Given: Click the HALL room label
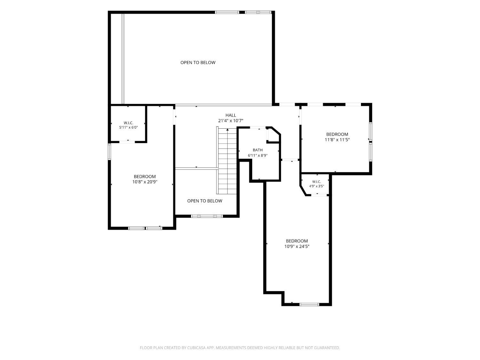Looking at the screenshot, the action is pos(231,115).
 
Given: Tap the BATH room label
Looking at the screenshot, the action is pos(258,150).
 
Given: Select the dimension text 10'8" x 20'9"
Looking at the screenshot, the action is pos(145,182).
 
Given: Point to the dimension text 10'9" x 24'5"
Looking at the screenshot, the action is pos(297,246).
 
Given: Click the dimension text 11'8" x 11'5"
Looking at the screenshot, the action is pos(337,140).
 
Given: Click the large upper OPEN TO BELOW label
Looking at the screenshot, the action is pos(198,62).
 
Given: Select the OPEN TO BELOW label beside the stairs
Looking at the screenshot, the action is pos(205,201).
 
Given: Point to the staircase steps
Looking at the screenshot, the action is pos(228,161).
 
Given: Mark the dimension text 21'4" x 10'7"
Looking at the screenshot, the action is pos(231,121).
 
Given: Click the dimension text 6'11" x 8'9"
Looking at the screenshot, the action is pos(258,156).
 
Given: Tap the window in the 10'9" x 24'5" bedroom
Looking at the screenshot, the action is pos(309,305).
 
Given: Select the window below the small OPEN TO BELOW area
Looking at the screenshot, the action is pos(207,216).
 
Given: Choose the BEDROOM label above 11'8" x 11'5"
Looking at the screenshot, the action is pos(337,134).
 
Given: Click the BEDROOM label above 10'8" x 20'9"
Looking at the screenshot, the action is pos(145,176).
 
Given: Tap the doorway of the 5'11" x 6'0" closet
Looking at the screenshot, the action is pos(127,142).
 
